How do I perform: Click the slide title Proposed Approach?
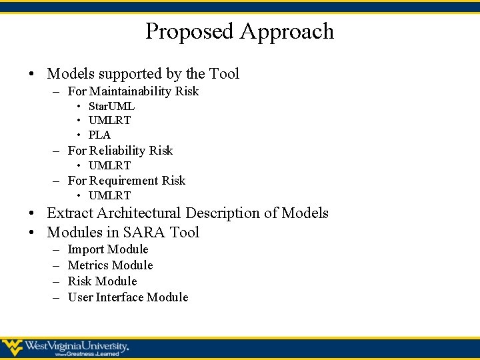click(x=239, y=31)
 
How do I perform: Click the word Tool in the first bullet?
click(x=224, y=73)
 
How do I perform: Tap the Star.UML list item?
click(x=111, y=107)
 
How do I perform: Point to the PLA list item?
click(x=99, y=135)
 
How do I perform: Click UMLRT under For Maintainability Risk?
click(x=109, y=121)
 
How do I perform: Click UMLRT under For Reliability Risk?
click(x=109, y=165)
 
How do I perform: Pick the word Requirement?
click(x=122, y=181)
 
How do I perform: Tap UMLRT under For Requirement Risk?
click(x=109, y=195)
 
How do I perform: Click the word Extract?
click(x=70, y=213)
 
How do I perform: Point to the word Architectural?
click(x=139, y=213)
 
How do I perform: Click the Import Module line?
click(x=108, y=249)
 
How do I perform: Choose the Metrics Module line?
click(x=110, y=265)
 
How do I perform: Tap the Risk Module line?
click(x=102, y=281)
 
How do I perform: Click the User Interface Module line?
click(x=128, y=297)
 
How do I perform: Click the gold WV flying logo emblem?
click(x=12, y=347)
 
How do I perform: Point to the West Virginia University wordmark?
click(x=77, y=346)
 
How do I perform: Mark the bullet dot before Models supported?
click(x=33, y=74)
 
